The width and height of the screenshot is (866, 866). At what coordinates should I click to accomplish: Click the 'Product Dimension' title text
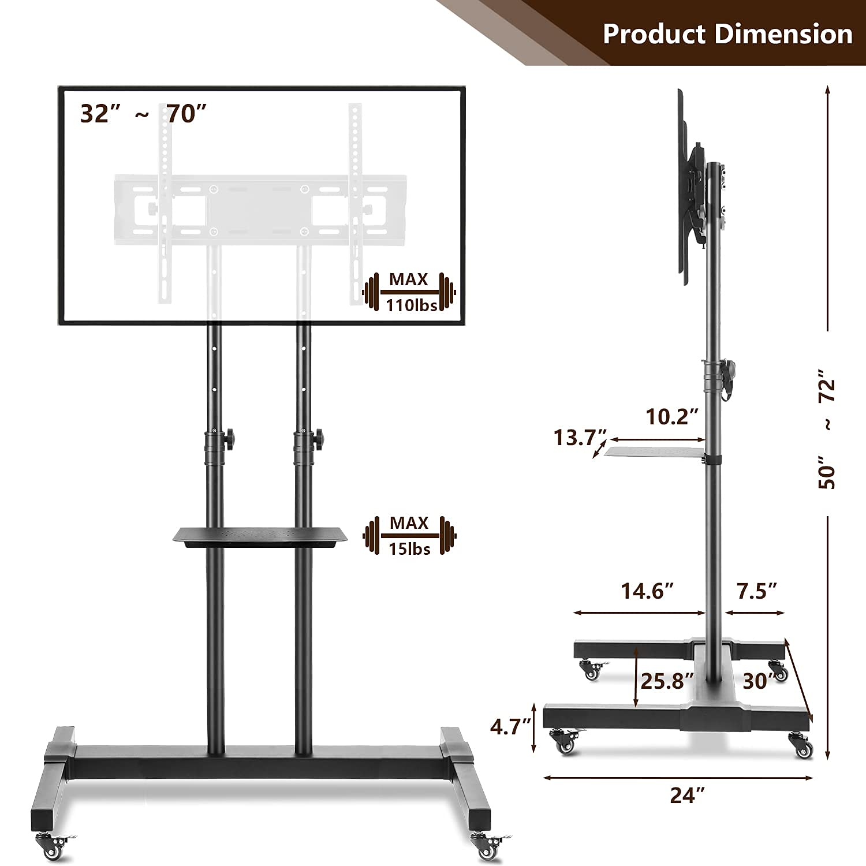coord(727,33)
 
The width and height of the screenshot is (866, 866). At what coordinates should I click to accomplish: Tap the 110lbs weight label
coord(411,305)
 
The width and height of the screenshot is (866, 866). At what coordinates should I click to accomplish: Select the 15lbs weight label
coord(409,548)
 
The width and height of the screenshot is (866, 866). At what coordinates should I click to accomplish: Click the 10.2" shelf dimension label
coord(671,416)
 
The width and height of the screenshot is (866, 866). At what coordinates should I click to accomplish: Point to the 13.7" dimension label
coord(580,437)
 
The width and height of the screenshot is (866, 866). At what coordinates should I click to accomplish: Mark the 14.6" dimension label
coord(647,591)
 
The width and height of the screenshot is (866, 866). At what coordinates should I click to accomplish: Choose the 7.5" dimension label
coord(756,591)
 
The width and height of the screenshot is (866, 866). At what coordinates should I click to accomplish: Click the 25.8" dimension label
coord(666,681)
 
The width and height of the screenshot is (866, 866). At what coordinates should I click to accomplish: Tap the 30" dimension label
coord(757,681)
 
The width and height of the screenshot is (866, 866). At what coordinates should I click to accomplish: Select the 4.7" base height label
coord(510,726)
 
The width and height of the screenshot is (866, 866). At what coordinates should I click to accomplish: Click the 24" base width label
coord(688,795)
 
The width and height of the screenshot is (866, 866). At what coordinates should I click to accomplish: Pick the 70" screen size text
coord(186,114)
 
